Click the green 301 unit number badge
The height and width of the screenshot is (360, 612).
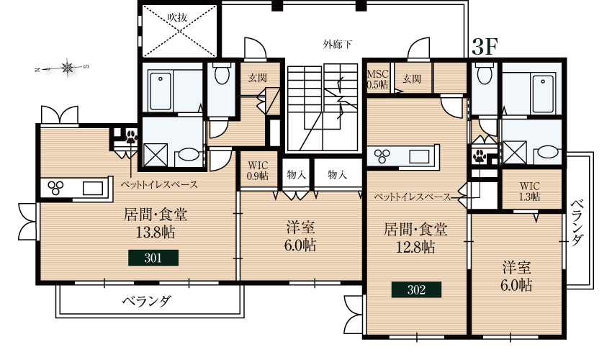(153, 258)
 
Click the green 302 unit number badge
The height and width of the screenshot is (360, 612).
(416, 290)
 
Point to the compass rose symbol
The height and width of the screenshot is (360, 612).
(67, 68)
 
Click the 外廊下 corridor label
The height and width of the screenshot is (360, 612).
(338, 45)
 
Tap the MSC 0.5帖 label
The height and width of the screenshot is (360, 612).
(377, 79)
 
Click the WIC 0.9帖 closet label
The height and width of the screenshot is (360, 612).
(257, 170)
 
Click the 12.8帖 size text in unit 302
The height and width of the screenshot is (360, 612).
(415, 247)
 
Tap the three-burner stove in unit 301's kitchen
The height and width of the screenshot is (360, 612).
(56, 188)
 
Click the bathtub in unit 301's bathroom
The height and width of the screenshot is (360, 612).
(170, 90)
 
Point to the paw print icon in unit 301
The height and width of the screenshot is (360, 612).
(131, 136)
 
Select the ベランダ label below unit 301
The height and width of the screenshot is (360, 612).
(146, 301)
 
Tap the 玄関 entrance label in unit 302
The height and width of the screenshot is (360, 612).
(412, 79)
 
